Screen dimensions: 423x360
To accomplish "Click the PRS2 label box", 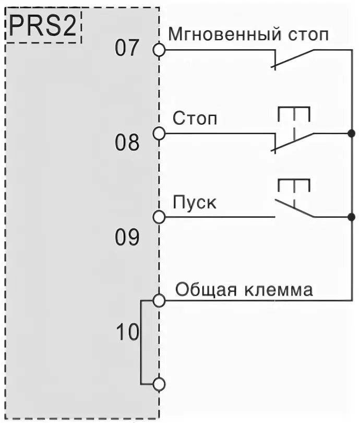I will pos(44,27).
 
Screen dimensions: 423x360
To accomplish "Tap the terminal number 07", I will pos(128,49).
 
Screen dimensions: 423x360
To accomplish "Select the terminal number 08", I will pos(128,143).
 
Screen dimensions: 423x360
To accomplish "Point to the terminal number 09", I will pos(128,238).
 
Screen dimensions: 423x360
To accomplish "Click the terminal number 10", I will pos(127,332).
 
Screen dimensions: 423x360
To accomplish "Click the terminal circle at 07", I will pos(159,50).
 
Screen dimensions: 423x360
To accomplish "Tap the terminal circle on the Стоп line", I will pos(159,134).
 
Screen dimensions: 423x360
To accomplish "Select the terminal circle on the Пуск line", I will pos(159,217).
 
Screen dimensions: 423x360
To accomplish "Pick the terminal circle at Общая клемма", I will pos(159,300).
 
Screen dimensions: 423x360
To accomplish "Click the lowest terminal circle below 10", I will pos(159,384).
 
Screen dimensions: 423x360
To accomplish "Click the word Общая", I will pos(204,289).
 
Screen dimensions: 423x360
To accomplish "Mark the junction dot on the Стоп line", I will pos(351,134).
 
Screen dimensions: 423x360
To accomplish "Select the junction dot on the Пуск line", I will pos(351,217).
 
